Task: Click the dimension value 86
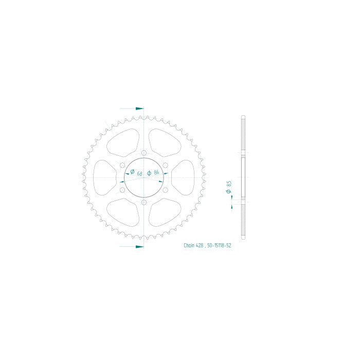(x=156, y=173)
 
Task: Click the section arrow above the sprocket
(x=139, y=109)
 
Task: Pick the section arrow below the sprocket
(x=139, y=246)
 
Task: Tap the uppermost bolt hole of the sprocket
(x=143, y=152)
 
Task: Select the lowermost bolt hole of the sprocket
(x=143, y=203)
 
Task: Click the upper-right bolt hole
(x=165, y=165)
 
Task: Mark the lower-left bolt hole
(x=122, y=190)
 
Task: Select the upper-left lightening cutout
(x=123, y=142)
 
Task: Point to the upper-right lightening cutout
(x=164, y=142)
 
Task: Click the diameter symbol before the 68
(x=132, y=171)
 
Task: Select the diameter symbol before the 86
(x=149, y=173)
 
